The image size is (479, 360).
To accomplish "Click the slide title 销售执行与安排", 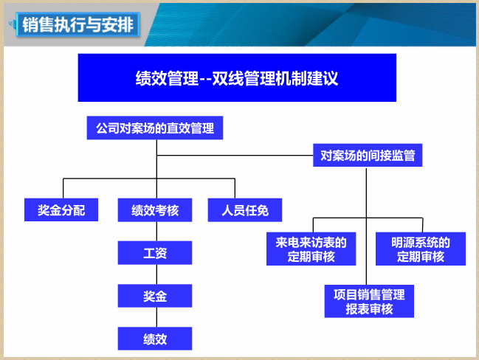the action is (78, 25).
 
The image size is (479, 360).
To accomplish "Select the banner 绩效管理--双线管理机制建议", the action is (237, 77).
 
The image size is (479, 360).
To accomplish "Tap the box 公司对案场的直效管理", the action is (155, 128).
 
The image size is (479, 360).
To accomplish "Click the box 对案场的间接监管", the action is (368, 155).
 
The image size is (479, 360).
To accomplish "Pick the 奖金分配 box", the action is (61, 210).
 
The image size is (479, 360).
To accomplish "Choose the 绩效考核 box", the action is (155, 210).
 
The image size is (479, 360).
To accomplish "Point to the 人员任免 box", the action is (245, 210).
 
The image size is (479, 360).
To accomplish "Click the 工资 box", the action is (155, 253).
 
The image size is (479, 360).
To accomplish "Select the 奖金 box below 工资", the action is (155, 296).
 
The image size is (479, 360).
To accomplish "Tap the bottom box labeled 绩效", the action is (155, 339).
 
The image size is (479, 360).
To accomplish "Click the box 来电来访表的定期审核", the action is (311, 249).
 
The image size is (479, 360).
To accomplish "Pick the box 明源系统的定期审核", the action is (421, 249).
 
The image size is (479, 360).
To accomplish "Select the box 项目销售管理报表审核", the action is (369, 302).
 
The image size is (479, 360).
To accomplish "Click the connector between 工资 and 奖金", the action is (156, 274).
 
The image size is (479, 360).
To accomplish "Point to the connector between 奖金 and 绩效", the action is (156, 317).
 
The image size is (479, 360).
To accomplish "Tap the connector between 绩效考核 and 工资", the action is (156, 232).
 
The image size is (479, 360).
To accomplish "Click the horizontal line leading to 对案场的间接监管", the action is (235, 156).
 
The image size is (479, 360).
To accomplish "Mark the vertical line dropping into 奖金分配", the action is (63, 188).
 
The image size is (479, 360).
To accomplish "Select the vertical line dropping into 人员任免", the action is (235, 188).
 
